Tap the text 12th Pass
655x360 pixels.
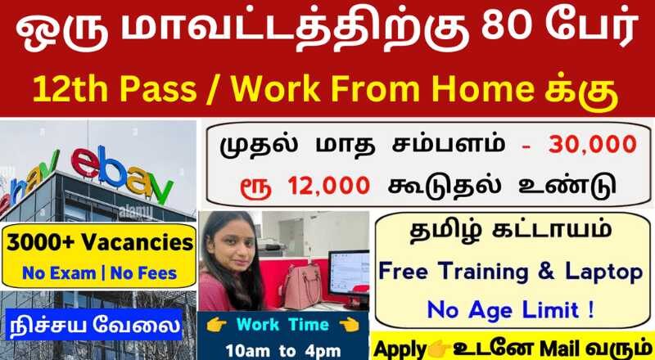click(115, 90)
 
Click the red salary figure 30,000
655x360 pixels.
click(593, 145)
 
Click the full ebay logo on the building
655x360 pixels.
click(122, 173)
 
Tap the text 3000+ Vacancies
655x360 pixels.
click(100, 244)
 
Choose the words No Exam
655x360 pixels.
click(59, 273)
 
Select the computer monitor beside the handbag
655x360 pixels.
click(348, 273)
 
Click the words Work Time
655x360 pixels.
click(282, 326)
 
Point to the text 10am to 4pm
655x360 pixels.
click(282, 350)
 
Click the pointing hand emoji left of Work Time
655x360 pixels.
click(216, 326)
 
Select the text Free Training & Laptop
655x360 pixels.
click(511, 272)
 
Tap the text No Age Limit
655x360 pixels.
click(511, 310)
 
